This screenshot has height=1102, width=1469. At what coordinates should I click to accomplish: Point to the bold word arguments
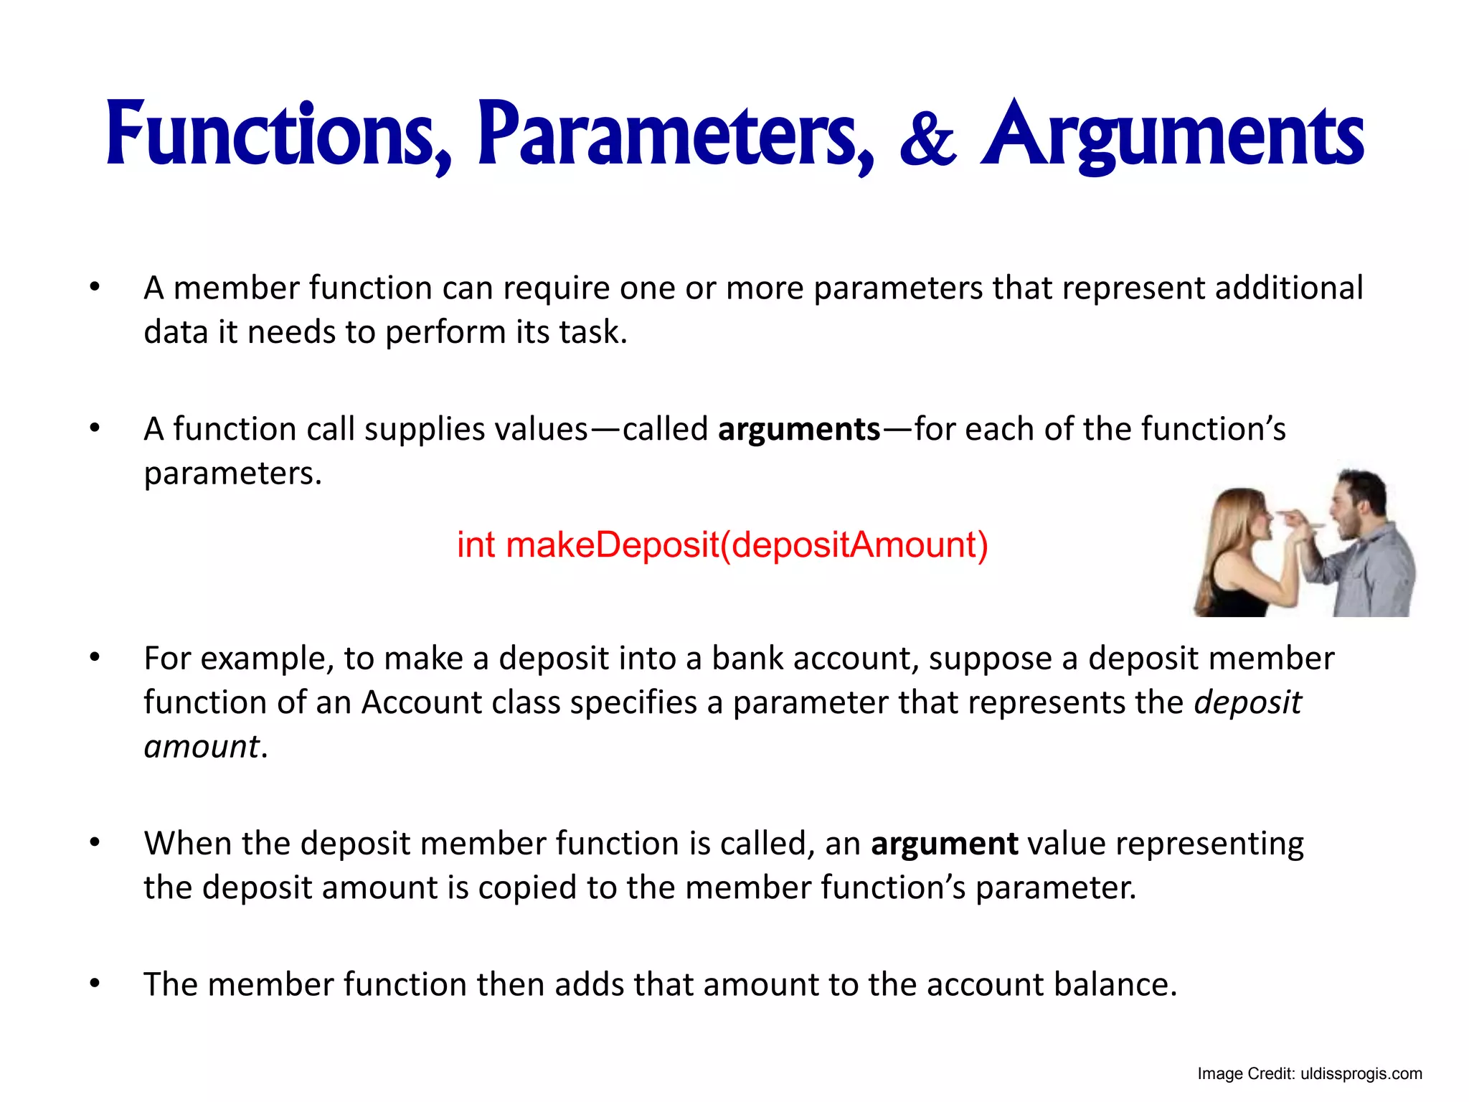[799, 430]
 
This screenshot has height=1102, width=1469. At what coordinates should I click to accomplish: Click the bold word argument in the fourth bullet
[944, 844]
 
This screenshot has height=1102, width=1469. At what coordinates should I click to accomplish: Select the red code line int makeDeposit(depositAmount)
[722, 545]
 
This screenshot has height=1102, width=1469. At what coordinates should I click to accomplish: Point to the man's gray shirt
[1374, 574]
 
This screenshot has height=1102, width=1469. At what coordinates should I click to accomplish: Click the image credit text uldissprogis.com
[1361, 1074]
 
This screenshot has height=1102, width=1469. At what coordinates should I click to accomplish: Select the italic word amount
[202, 747]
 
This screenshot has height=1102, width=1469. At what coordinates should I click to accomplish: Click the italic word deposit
[1247, 702]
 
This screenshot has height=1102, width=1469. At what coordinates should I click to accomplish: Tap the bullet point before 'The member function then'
[95, 984]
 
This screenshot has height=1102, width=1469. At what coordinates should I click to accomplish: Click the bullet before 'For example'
[95, 657]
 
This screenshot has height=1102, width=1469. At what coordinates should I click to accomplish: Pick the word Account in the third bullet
[421, 702]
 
